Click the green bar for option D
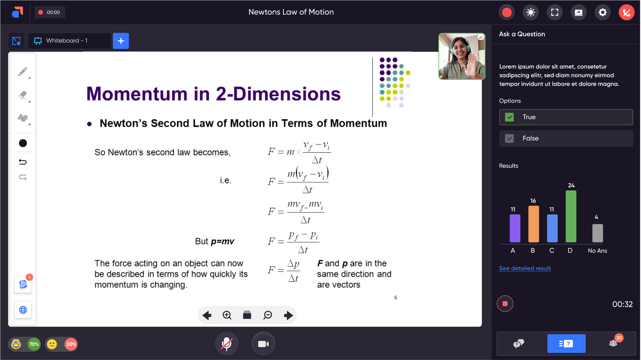(571, 216)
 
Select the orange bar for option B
(533, 224)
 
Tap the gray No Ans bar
(597, 233)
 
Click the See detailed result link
(525, 268)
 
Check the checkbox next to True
(509, 117)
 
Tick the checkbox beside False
(509, 138)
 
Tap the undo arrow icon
(23, 162)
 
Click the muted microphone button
(227, 344)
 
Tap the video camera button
(263, 344)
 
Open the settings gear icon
(602, 12)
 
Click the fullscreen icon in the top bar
(554, 12)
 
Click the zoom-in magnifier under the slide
(227, 315)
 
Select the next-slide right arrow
(288, 315)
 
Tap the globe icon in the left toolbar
(23, 310)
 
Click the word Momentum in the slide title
(137, 94)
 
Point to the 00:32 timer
(622, 304)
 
